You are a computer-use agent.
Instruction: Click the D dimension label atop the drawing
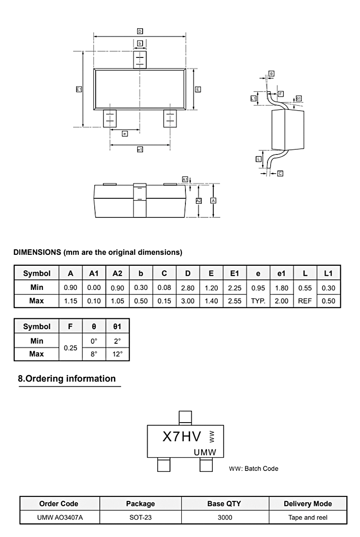tap(140, 31)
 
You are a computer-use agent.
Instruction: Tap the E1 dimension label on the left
tap(79, 89)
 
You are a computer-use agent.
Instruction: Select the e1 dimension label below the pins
tap(140, 149)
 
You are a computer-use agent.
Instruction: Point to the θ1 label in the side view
tap(298, 98)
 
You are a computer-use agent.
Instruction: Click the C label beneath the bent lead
tap(280, 173)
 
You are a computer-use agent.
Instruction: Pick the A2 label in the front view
tap(198, 201)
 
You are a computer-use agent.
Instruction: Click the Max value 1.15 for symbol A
tap(70, 301)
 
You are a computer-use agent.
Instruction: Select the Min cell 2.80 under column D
tap(187, 288)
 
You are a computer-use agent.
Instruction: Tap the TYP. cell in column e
tap(258, 301)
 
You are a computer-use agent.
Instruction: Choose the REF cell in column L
tap(304, 301)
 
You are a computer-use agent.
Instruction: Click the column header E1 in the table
tap(234, 273)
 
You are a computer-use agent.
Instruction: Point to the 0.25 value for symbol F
tap(70, 347)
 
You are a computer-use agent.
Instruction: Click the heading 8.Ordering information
tap(67, 378)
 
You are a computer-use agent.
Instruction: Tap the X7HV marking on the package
tap(182, 437)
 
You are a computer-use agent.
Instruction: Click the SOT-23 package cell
tap(140, 517)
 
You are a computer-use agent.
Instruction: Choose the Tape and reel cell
tap(308, 517)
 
